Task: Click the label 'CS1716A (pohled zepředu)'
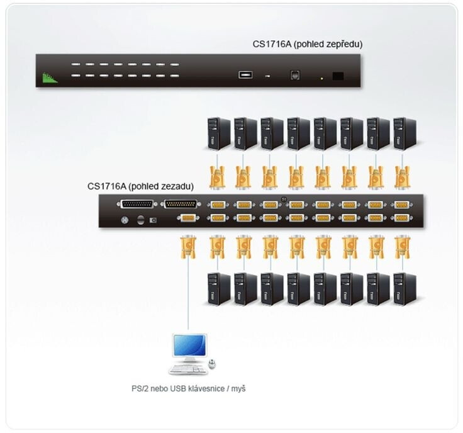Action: [308, 44]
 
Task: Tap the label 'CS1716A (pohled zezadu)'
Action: [140, 186]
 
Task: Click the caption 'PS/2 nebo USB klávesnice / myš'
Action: [188, 389]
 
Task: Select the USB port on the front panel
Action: [245, 75]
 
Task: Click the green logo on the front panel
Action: [50, 78]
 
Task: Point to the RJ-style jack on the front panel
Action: [294, 75]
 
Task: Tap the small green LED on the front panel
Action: [321, 79]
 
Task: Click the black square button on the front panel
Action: [338, 76]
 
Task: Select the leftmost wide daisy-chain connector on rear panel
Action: [137, 204]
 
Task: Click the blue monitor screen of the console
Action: [189, 346]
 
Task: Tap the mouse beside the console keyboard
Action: [212, 364]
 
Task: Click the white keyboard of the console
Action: [188, 369]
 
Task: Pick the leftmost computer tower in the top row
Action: [219, 133]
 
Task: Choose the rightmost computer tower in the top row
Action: [405, 133]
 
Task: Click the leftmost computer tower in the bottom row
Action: [219, 289]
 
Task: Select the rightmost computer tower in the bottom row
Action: [405, 289]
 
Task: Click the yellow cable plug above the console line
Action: [188, 247]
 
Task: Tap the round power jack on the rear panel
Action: [125, 220]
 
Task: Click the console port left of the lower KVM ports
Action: [188, 218]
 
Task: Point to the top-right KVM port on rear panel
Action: [401, 205]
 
